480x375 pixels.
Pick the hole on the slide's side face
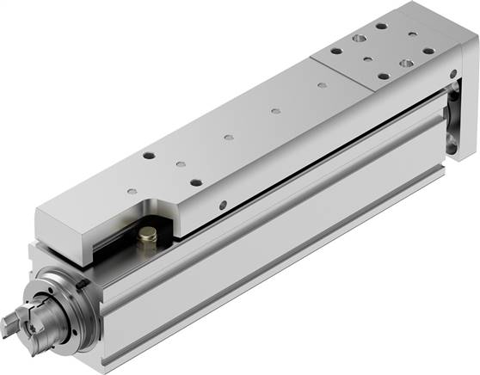point(223,205)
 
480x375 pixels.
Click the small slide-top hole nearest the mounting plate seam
point(320,86)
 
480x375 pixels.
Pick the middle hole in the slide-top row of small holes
point(228,137)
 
